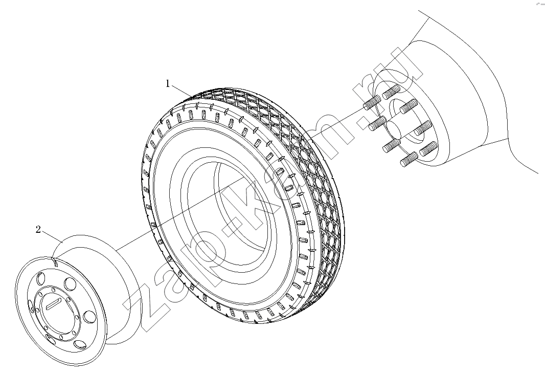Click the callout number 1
[168, 84]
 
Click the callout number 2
[38, 229]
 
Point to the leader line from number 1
[182, 90]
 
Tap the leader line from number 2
[53, 236]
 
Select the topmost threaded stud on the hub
[391, 92]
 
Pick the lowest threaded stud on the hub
[409, 159]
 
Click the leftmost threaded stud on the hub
[372, 102]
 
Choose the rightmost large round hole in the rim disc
[90, 316]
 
